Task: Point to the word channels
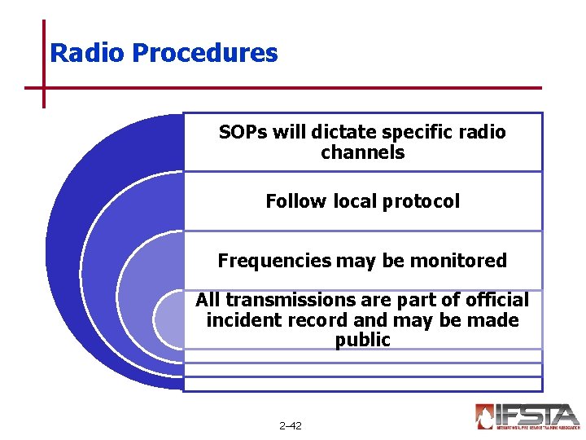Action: [362, 152]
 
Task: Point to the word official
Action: [496, 301]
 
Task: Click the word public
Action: [362, 341]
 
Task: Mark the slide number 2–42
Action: [290, 426]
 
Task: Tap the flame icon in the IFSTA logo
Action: [486, 416]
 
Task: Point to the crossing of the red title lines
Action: [43, 87]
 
